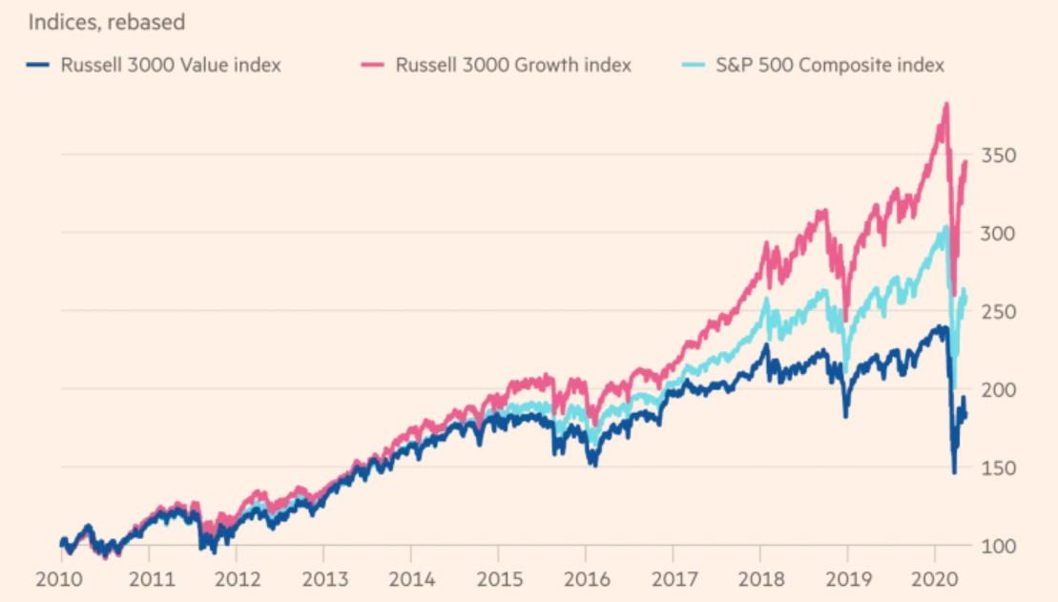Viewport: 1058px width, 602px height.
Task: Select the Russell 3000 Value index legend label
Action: click(171, 65)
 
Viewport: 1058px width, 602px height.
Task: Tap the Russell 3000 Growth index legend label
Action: click(513, 65)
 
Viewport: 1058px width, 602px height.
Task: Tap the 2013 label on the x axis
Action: click(322, 579)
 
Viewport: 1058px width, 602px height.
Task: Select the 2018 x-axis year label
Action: click(760, 579)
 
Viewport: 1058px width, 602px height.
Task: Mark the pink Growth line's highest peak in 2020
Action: click(945, 104)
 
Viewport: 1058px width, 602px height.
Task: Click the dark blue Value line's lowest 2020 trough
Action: click(954, 471)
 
